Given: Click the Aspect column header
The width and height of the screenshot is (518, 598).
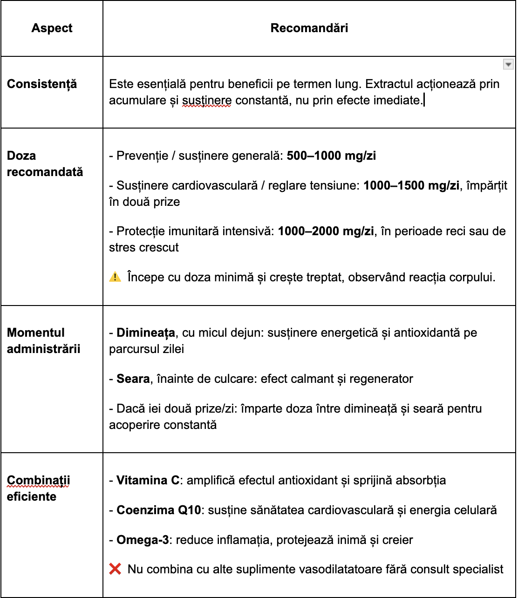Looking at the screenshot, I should (52, 28).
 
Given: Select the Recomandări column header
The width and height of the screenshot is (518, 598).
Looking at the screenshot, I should (309, 28).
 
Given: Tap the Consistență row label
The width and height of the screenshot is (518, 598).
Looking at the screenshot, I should (42, 84).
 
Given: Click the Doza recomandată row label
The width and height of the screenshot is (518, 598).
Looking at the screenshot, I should (45, 163).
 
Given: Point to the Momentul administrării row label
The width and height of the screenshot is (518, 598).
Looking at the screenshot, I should (43, 340).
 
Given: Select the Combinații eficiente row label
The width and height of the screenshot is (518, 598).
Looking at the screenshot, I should (38, 488).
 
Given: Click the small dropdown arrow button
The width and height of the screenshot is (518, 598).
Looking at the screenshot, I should (508, 64).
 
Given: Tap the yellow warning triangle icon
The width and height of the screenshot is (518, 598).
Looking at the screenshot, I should (115, 277).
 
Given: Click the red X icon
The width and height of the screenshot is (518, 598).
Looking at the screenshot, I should (115, 569).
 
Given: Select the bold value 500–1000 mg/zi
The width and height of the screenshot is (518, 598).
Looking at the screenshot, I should (331, 156).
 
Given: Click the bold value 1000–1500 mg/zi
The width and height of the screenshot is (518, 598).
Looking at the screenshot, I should (411, 185).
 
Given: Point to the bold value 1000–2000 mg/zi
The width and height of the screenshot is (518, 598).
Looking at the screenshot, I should (326, 231).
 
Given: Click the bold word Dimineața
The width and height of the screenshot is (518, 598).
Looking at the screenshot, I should (146, 333).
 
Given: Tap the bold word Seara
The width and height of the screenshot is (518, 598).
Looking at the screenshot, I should (133, 379).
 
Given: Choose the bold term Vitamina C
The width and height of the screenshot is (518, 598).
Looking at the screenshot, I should (148, 480).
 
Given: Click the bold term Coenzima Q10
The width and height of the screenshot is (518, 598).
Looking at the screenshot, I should (159, 510).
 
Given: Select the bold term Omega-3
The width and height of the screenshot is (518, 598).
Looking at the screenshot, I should (143, 540).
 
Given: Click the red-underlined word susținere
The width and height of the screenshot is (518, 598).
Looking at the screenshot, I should (206, 100).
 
